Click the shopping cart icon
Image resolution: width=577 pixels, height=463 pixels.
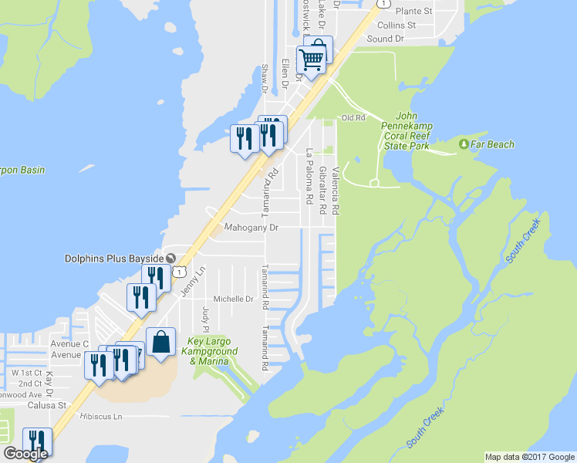tap(312, 59)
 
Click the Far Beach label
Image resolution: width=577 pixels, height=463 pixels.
tap(493, 144)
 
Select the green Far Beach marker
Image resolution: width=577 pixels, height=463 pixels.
tap(464, 144)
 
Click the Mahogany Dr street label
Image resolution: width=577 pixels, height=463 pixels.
tap(251, 228)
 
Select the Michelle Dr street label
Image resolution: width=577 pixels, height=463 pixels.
tap(233, 299)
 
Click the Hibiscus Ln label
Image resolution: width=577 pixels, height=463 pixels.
tap(101, 417)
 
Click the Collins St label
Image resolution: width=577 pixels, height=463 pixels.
tap(396, 25)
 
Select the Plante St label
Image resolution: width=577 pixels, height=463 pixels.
tap(413, 12)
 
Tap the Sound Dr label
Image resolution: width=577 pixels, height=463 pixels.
tap(386, 39)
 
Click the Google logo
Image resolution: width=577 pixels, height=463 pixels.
tap(25, 454)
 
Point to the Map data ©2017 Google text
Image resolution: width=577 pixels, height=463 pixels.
tap(529, 457)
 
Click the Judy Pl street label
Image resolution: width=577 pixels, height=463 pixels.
tap(205, 316)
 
